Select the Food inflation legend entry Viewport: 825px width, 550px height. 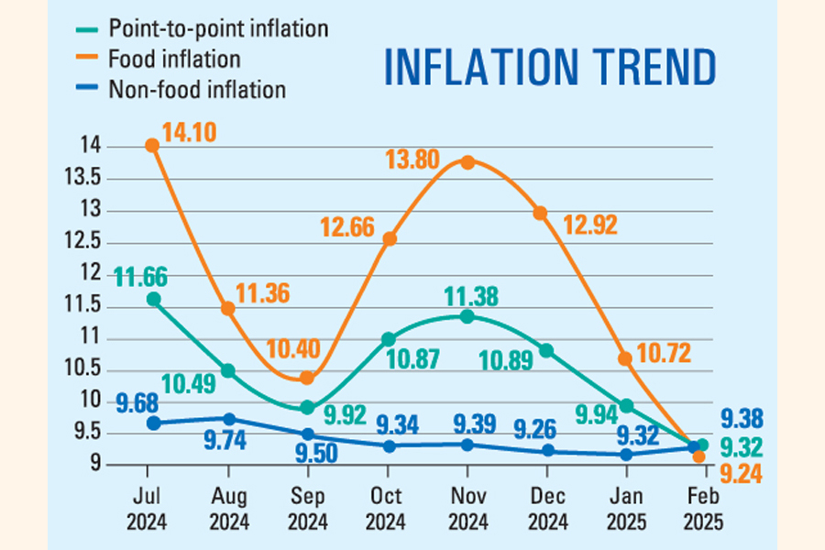pyautogui.click(x=174, y=59)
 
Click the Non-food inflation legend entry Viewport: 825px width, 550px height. pyautogui.click(x=196, y=89)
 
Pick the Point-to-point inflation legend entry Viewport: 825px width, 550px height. pyautogui.click(x=217, y=28)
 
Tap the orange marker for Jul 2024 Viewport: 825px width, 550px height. pyautogui.click(x=153, y=146)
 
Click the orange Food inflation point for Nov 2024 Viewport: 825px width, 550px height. pyautogui.click(x=467, y=162)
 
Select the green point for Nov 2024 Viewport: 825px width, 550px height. pyautogui.click(x=467, y=316)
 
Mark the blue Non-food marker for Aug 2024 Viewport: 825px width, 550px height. pyautogui.click(x=229, y=419)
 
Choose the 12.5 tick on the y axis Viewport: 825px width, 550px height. pyautogui.click(x=114, y=243)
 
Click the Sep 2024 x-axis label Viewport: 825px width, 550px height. pyautogui.click(x=307, y=508)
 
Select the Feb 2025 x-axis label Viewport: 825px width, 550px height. pyautogui.click(x=704, y=508)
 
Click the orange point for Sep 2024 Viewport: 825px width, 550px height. pyautogui.click(x=308, y=378)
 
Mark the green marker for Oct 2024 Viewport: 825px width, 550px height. pyautogui.click(x=389, y=339)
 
